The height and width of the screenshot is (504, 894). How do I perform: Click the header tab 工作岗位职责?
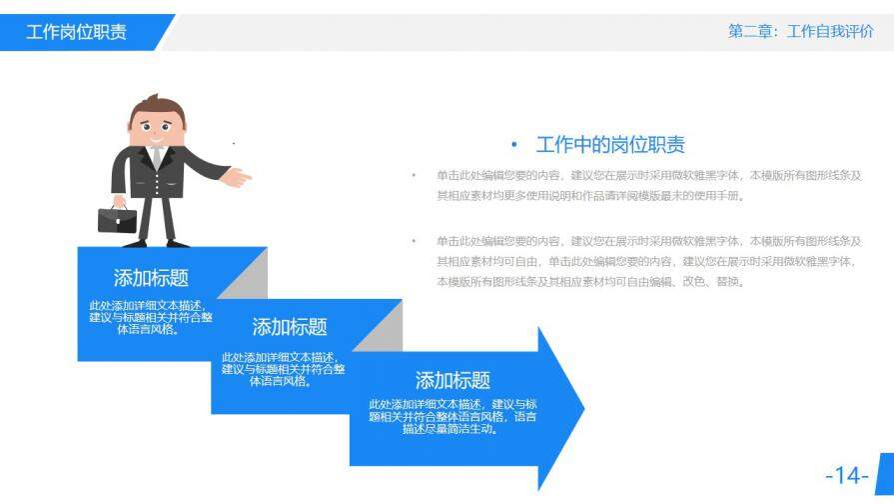coord(77,32)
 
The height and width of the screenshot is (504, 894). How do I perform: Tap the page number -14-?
coord(846,475)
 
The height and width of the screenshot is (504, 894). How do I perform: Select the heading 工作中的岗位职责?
coord(610,145)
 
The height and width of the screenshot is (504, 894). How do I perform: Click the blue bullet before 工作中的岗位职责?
coord(514,145)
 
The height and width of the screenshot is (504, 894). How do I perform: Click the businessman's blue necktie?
coord(156,157)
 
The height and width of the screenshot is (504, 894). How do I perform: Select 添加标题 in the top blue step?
coord(151,278)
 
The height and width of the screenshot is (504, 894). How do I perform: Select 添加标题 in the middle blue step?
coord(289,327)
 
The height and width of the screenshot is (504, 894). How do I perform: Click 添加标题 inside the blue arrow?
coord(452,380)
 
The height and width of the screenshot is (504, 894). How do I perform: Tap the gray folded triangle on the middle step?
coord(384,330)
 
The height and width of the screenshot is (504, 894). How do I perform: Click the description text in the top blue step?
coord(151,317)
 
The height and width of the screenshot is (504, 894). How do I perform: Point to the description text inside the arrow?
coord(452,416)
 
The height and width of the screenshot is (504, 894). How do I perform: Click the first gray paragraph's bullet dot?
coord(413,176)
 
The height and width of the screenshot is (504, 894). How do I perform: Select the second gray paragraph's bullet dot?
coord(413,241)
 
